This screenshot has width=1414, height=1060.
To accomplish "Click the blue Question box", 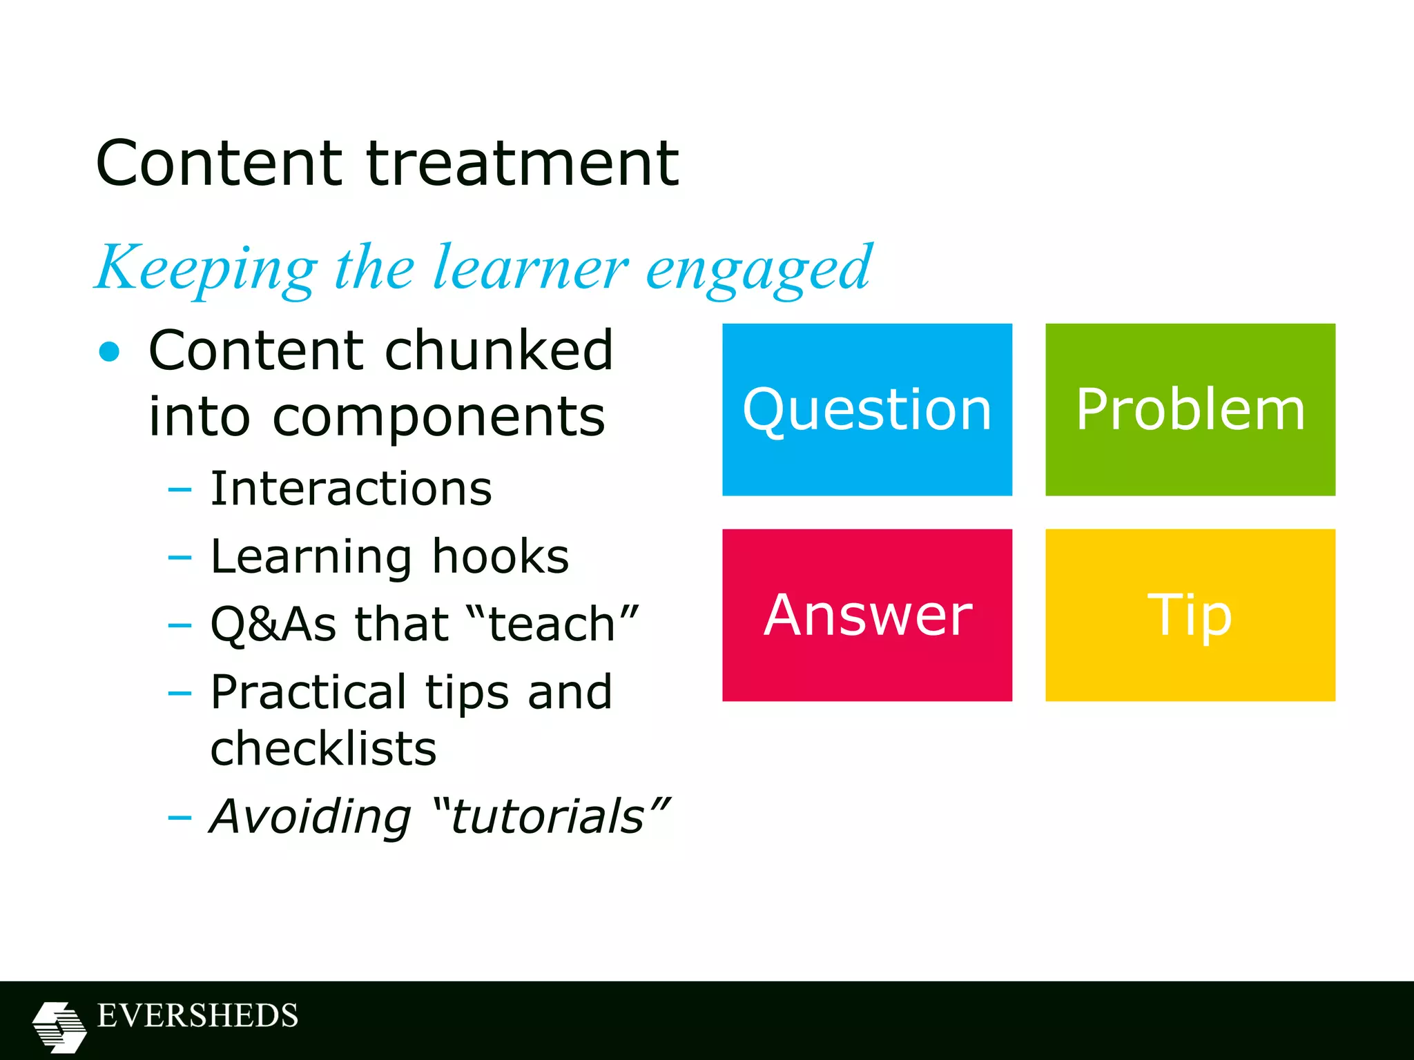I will [x=866, y=409].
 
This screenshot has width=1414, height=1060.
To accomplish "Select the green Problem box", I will [x=1190, y=409].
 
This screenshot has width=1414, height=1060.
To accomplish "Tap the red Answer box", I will [x=866, y=615].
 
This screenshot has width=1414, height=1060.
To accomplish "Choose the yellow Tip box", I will [x=1190, y=615].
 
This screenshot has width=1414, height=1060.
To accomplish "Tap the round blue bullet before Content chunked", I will [x=109, y=352].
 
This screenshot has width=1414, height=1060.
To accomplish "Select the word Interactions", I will [x=351, y=489].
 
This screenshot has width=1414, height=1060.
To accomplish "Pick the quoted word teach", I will [x=552, y=624].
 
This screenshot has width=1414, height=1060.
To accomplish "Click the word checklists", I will [x=323, y=749].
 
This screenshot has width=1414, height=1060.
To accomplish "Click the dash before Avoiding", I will [x=180, y=818].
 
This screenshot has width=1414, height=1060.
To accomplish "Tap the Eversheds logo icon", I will [x=59, y=1027].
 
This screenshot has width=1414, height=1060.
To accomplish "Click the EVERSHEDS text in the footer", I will [x=197, y=1016].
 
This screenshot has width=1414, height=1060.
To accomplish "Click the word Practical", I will [x=308, y=692].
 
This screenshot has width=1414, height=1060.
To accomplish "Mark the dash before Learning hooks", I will [x=180, y=558].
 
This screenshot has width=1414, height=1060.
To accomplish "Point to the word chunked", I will [x=498, y=351].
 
